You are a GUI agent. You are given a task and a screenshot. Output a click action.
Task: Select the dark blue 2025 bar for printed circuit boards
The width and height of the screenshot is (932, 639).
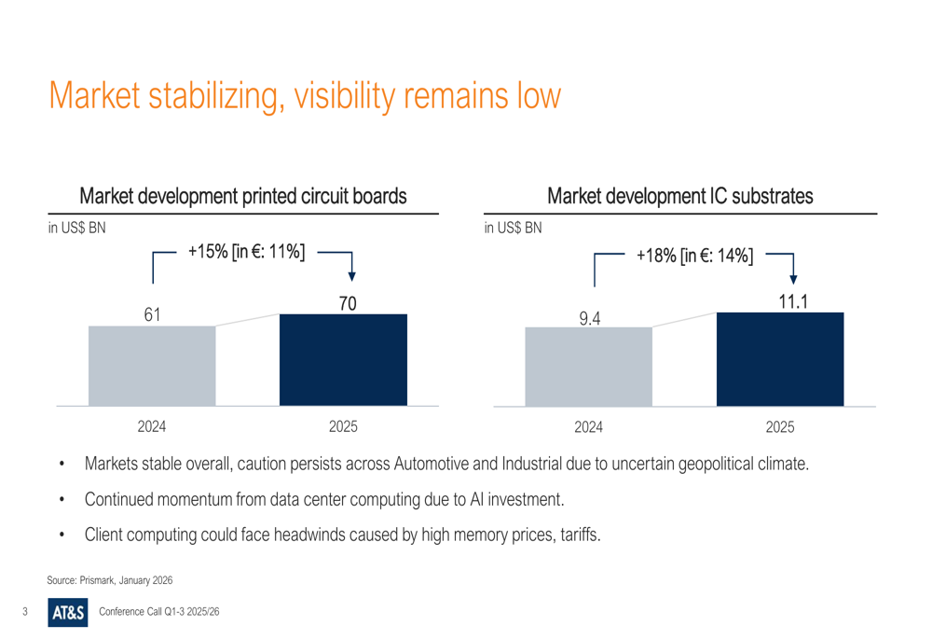[343, 360]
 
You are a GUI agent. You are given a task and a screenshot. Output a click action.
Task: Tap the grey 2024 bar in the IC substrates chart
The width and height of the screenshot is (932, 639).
[588, 366]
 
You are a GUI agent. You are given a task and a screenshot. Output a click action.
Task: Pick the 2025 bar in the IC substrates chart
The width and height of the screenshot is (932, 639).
[780, 359]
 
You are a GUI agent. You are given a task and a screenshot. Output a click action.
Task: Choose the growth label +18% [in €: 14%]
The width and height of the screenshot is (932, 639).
[694, 255]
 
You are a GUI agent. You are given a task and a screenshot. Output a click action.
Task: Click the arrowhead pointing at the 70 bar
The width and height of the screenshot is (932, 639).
[351, 274]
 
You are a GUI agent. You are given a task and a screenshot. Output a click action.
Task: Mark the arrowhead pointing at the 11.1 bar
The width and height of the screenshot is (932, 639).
[793, 276]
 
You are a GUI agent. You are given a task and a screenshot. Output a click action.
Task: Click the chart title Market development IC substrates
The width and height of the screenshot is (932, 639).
[681, 197]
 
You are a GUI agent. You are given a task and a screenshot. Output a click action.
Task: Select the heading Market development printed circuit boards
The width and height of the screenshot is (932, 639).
[243, 197]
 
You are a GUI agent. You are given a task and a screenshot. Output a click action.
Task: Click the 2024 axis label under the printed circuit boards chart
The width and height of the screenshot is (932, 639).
[152, 428]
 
